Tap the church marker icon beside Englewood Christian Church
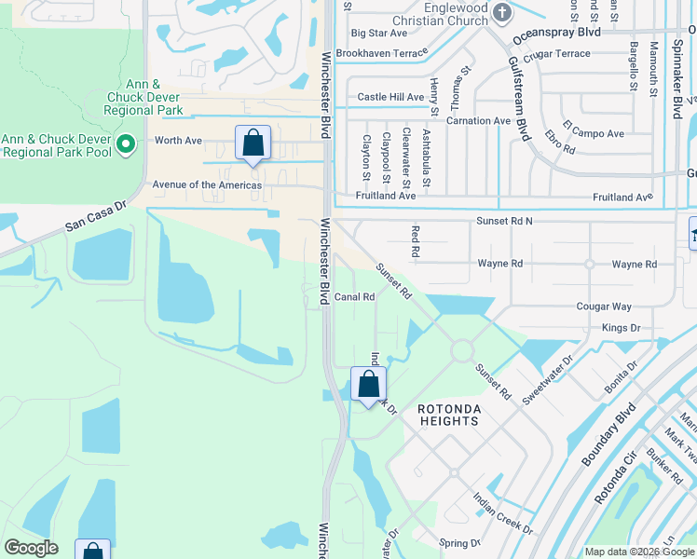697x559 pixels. coord(503,13)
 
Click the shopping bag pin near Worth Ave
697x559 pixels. coord(253,143)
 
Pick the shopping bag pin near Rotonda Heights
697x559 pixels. coord(369,384)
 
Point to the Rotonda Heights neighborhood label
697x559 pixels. coord(448,415)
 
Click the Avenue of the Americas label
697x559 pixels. coord(207,184)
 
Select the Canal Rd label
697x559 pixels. coord(354,297)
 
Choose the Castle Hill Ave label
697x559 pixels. coord(390,97)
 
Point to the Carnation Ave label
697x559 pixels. coord(478,120)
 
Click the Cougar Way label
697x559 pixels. coord(604,307)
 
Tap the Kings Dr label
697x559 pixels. coord(621,328)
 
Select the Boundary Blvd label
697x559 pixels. coord(608,435)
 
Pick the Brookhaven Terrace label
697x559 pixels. coord(382,54)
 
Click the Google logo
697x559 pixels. coord(31,548)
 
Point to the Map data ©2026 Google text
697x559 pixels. coord(638,552)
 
